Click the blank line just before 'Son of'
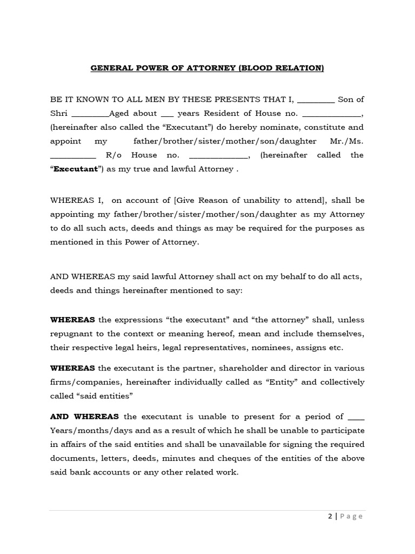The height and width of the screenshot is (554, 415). pyautogui.click(x=316, y=100)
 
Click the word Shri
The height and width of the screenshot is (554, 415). pyautogui.click(x=59, y=113)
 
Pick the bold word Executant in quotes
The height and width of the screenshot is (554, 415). pyautogui.click(x=75, y=169)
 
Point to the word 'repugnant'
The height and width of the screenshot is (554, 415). pyautogui.click(x=70, y=333)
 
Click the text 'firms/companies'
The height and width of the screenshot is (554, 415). pyautogui.click(x=80, y=382)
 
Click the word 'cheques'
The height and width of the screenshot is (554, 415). pyautogui.click(x=260, y=458)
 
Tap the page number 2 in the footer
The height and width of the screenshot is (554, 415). pyautogui.click(x=330, y=516)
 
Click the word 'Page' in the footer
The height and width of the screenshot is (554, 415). pyautogui.click(x=351, y=516)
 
